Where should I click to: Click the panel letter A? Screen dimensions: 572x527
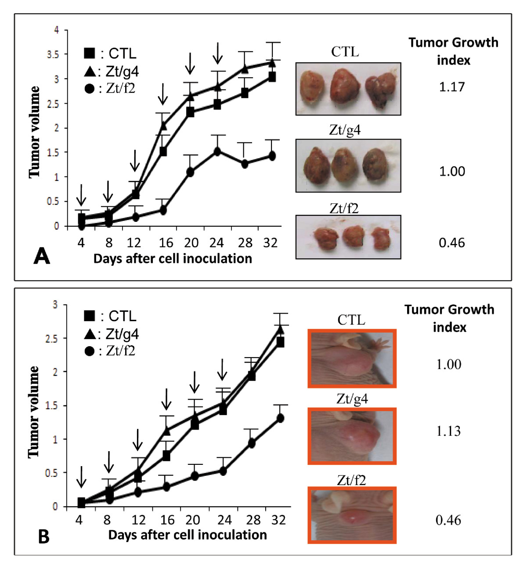coord(42,256)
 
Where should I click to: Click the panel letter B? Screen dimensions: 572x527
coord(43,536)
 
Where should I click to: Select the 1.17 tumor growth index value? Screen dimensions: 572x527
coord(451,87)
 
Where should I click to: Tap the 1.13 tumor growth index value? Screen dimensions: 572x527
coord(448,431)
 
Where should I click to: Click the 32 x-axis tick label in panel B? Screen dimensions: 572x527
coord(278,520)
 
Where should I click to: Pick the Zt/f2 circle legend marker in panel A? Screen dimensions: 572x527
coord(89,89)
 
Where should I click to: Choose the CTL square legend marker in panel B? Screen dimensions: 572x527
coord(89,315)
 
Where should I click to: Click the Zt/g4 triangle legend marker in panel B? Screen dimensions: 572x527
coord(90,334)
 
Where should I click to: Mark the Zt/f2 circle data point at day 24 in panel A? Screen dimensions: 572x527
coord(217,151)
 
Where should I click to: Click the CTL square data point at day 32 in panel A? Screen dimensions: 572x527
coord(272,77)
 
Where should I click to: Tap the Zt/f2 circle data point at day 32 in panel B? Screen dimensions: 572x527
coord(280,418)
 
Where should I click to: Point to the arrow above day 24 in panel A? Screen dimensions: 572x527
coord(217,53)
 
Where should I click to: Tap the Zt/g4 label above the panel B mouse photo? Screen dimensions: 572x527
coord(352,399)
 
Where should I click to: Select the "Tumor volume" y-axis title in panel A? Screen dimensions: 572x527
coord(34,132)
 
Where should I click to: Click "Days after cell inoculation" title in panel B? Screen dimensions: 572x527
coord(188,535)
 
